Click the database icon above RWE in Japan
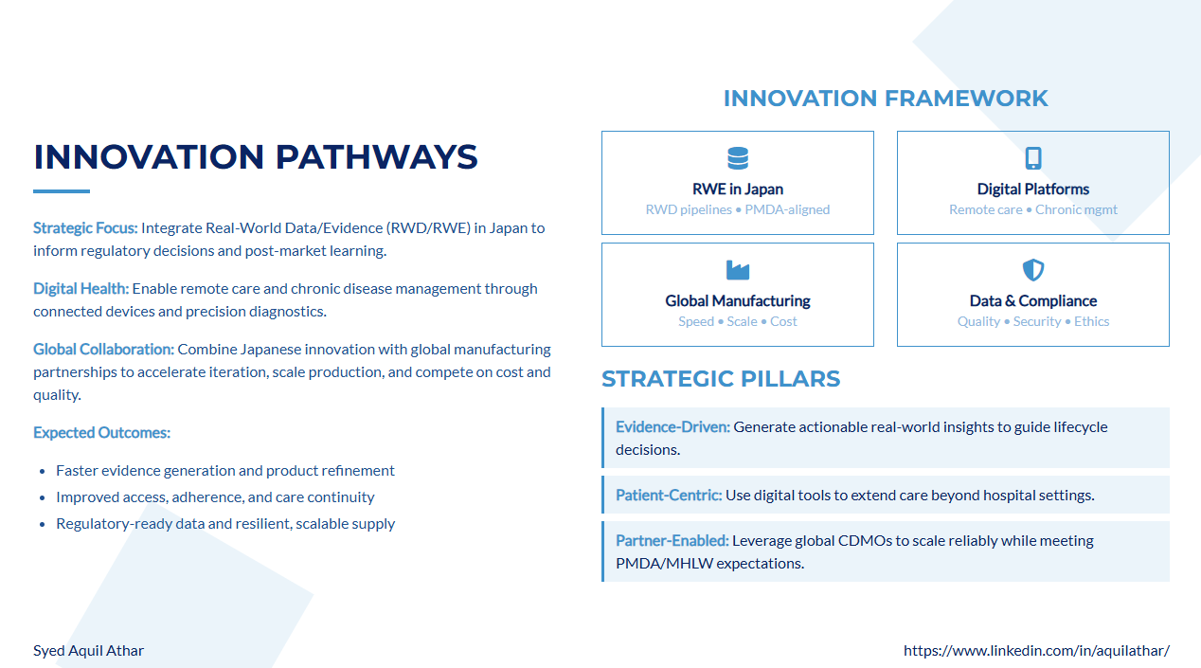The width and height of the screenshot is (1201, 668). pos(738,158)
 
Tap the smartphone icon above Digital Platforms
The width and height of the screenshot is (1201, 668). pos(1033,158)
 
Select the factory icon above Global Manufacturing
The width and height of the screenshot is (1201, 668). pos(738,270)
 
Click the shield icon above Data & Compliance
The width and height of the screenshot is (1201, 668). pos(1033,270)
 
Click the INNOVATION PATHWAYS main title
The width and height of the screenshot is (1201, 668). pos(255,156)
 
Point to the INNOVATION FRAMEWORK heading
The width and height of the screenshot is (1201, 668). pos(886,99)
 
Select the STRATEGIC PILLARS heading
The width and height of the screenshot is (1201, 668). pos(721,379)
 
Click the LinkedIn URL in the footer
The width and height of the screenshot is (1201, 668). pos(1036,650)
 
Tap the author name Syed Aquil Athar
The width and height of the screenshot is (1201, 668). pos(88,650)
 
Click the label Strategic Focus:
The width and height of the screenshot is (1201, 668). pos(85,228)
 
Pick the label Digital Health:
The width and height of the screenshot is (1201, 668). pos(81,289)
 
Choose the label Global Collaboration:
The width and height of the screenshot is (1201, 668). pos(103,350)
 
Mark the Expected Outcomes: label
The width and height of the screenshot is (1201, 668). pos(102,432)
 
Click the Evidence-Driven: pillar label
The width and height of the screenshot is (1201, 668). pos(672,427)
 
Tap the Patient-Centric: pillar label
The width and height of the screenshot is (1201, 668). pos(669,496)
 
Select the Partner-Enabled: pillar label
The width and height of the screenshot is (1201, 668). pos(672,541)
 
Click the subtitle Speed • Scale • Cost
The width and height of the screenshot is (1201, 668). pos(738,321)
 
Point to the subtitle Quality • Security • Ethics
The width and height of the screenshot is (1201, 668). pos(1033,321)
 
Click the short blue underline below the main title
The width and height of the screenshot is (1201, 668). pos(62,191)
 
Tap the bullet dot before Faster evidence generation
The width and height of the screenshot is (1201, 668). pos(43,472)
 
